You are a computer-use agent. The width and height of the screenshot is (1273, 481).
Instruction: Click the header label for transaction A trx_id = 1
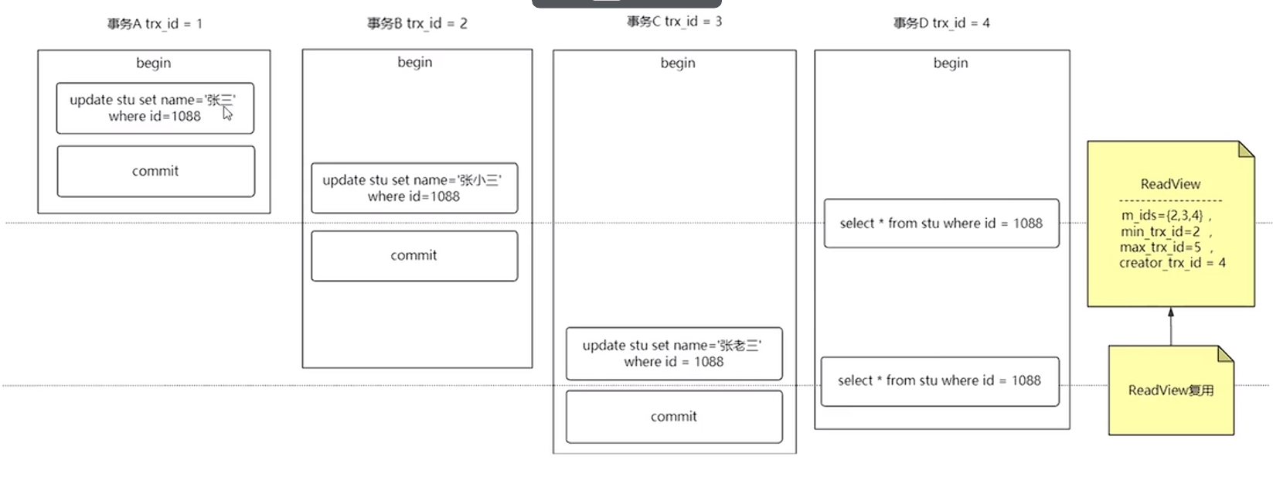[155, 24]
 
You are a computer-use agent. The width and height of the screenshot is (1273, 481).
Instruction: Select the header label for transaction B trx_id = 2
[417, 23]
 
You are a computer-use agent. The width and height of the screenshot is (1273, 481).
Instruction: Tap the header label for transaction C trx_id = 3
[674, 22]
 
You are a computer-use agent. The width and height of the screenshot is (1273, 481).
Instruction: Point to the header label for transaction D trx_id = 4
[941, 23]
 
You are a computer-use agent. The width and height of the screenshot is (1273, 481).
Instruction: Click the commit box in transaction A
[155, 171]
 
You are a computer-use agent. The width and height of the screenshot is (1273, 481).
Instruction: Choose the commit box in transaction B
[414, 255]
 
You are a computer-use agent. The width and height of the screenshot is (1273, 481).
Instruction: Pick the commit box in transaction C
[674, 416]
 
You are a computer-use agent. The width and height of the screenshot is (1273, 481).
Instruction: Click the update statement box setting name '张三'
[155, 108]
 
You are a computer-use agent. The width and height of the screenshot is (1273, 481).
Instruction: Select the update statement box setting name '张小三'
[414, 188]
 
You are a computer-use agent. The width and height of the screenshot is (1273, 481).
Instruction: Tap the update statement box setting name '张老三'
[674, 353]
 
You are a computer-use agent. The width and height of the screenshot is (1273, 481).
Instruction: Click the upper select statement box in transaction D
[941, 223]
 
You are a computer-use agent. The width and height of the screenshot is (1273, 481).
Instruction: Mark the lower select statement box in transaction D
[939, 380]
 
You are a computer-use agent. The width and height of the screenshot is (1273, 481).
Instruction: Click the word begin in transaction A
[154, 63]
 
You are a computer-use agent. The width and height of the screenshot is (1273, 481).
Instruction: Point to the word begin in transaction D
[950, 63]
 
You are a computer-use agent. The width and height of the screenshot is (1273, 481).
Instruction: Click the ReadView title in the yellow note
[1170, 184]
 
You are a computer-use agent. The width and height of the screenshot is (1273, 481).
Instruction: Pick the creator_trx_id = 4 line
[1172, 263]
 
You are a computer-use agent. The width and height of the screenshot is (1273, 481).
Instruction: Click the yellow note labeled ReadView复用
[1170, 391]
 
